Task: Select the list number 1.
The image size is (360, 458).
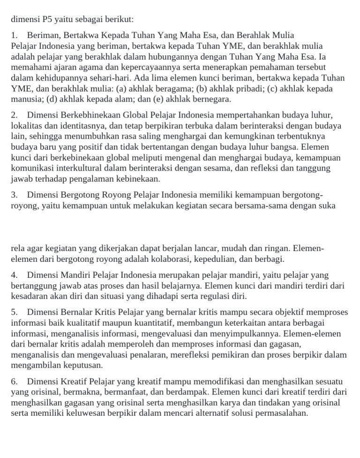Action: (x=14, y=35)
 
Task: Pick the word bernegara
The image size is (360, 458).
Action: (x=210, y=99)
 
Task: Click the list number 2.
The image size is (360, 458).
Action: (x=14, y=115)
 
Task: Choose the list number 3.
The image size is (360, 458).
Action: (x=14, y=195)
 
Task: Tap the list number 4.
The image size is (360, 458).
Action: (x=14, y=275)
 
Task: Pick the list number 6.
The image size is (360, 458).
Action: (x=14, y=382)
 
